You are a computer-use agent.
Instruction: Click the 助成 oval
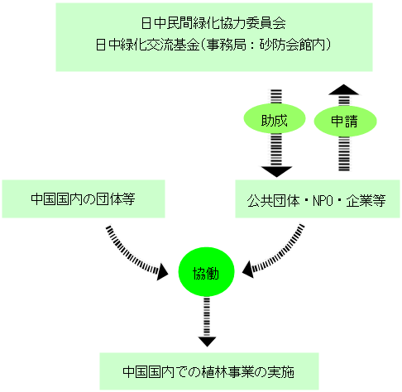pyautogui.click(x=275, y=119)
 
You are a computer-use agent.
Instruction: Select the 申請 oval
pyautogui.click(x=345, y=121)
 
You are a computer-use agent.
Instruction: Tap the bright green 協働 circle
pyautogui.click(x=206, y=272)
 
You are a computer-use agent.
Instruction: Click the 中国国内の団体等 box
pyautogui.click(x=84, y=199)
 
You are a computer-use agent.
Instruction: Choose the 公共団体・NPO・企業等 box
pyautogui.click(x=318, y=199)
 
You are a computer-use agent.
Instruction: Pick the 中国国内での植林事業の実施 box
pyautogui.click(x=209, y=371)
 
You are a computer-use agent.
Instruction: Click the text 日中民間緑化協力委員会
pyautogui.click(x=213, y=23)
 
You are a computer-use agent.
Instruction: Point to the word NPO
pyautogui.click(x=323, y=201)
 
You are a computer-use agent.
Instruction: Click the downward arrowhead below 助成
pyautogui.click(x=276, y=171)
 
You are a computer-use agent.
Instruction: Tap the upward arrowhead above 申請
pyautogui.click(x=343, y=90)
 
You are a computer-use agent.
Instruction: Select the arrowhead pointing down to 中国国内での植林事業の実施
pyautogui.click(x=207, y=342)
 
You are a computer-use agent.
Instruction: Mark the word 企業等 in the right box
pyautogui.click(x=366, y=201)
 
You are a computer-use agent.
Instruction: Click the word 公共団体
pyautogui.click(x=273, y=201)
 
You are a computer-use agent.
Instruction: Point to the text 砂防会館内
pyautogui.click(x=292, y=45)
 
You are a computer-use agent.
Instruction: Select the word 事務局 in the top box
pyautogui.click(x=227, y=45)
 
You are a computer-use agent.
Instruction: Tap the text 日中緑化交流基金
pyautogui.click(x=147, y=45)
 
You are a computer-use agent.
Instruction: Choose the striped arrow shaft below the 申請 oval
pyautogui.click(x=344, y=154)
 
